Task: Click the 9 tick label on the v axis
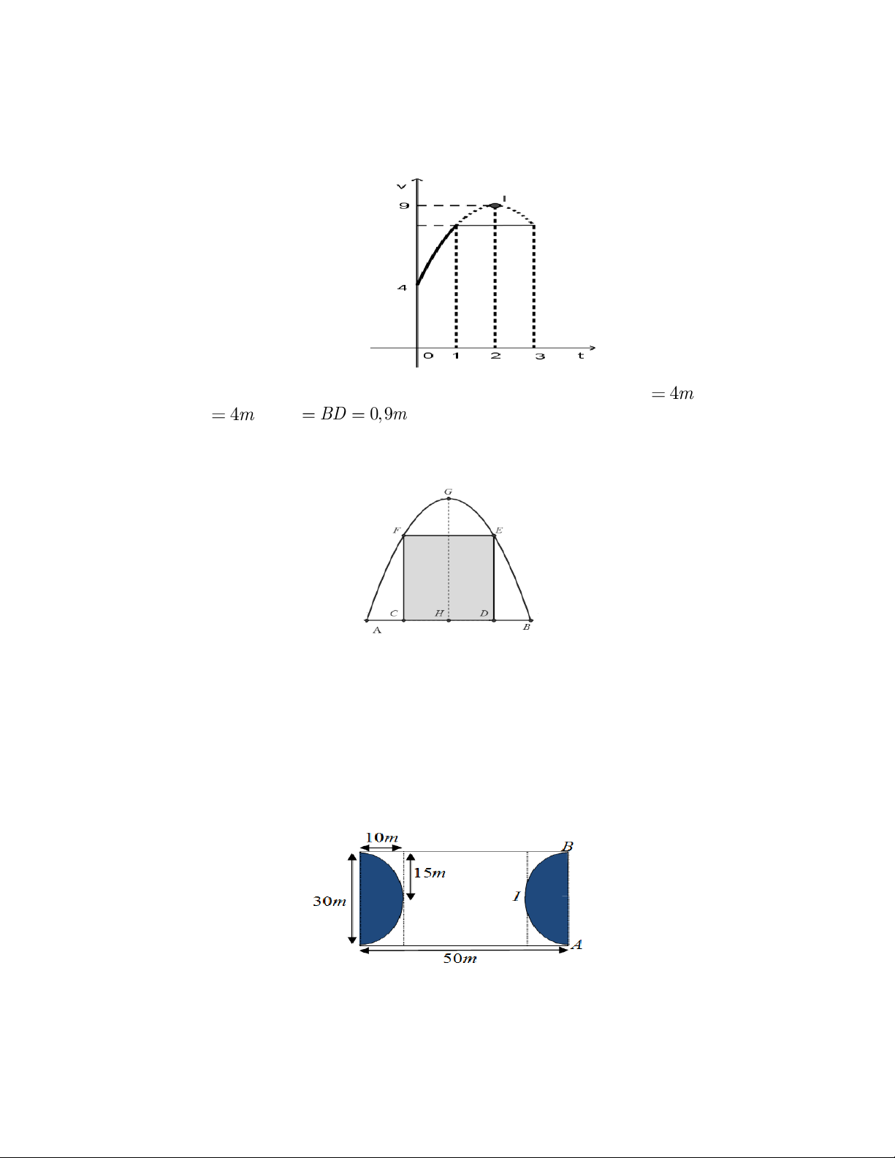click(404, 206)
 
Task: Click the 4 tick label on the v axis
click(403, 288)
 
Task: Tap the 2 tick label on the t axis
click(495, 356)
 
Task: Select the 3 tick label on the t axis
click(540, 356)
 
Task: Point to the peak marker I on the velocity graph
click(495, 206)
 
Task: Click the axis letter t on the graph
click(581, 356)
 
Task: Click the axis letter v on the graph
click(402, 186)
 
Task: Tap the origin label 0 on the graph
click(428, 356)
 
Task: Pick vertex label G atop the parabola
click(448, 492)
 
